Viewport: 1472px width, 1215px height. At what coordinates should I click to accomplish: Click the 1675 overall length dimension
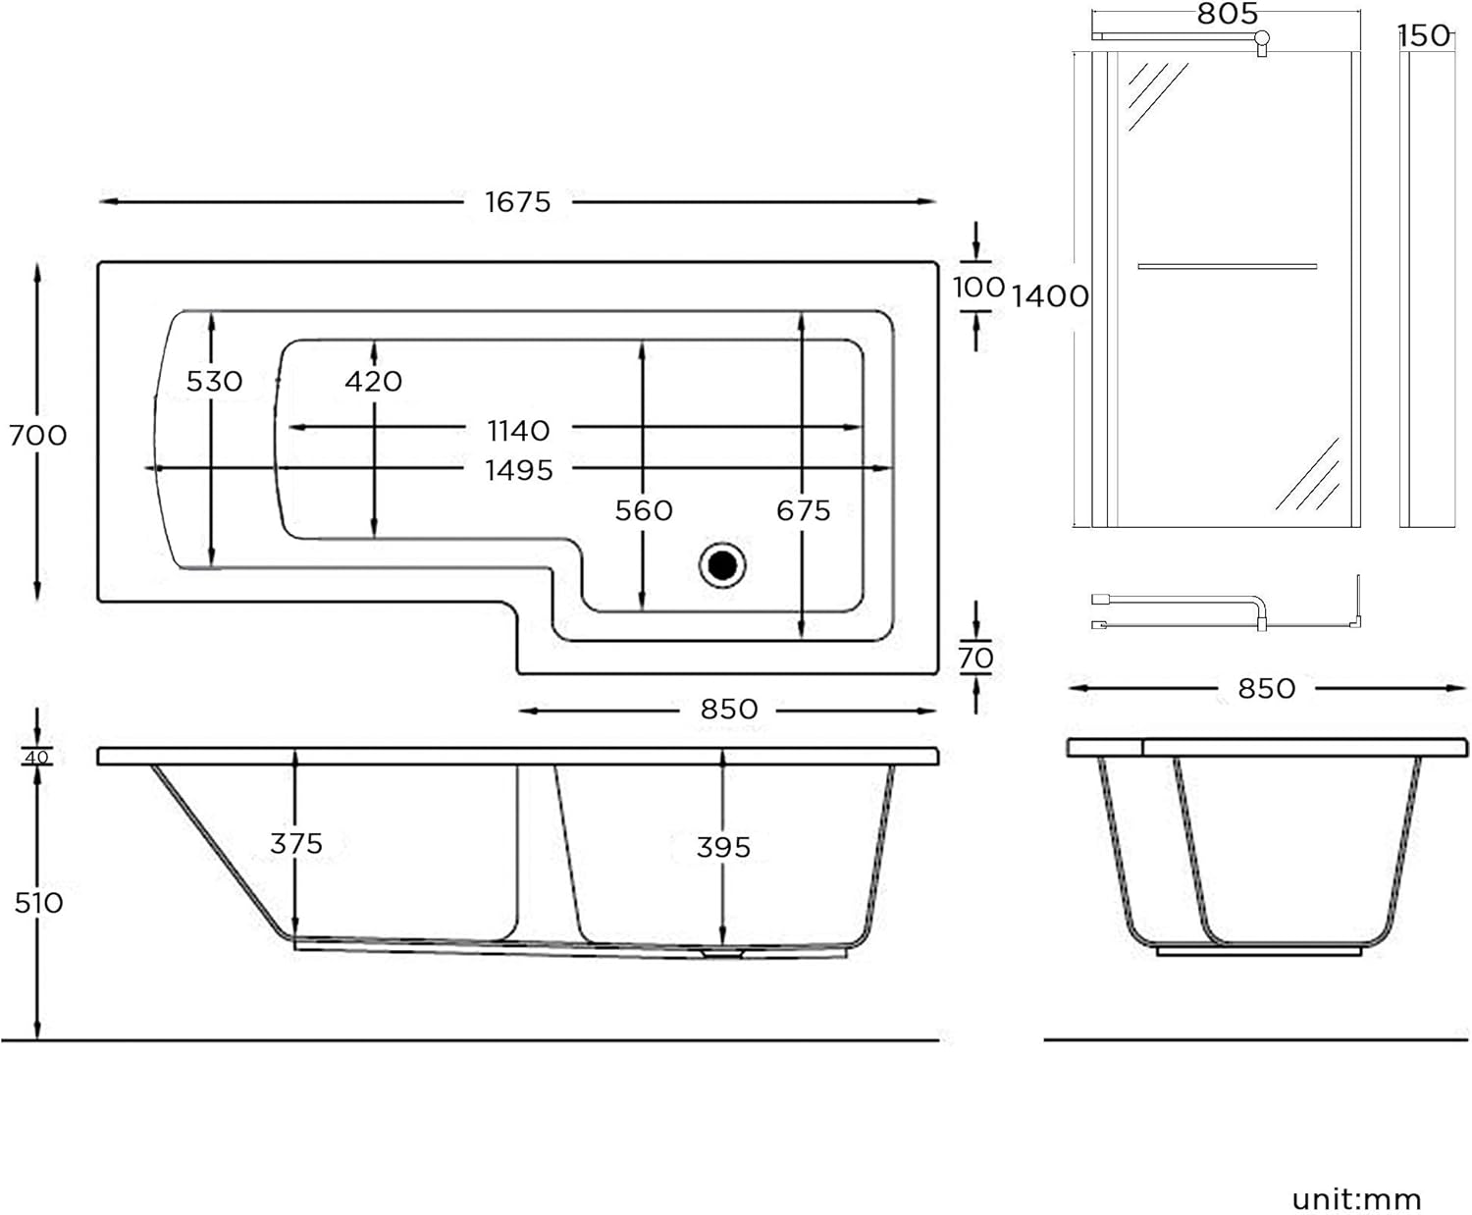click(517, 202)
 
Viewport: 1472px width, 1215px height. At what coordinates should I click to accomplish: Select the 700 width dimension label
click(38, 435)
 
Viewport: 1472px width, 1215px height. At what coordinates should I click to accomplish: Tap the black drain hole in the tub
click(722, 565)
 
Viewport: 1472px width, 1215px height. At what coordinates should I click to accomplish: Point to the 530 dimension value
click(214, 381)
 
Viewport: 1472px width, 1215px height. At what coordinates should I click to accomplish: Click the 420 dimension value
click(373, 381)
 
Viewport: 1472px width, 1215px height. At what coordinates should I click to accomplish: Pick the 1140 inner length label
click(518, 430)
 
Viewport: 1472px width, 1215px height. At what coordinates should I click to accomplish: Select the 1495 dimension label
click(518, 470)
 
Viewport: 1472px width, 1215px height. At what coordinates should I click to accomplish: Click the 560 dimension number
click(644, 510)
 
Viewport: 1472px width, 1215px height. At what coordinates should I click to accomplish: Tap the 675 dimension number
click(803, 510)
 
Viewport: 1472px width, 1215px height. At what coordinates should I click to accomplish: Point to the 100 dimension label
click(978, 288)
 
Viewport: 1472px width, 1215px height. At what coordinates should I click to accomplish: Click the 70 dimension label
click(975, 658)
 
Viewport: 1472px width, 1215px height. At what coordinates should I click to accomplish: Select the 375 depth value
click(296, 843)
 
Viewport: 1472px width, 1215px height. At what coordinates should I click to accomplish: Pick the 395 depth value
click(723, 847)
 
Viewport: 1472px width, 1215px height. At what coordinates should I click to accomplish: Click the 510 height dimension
click(38, 903)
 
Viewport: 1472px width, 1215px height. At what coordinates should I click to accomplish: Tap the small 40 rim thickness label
click(36, 758)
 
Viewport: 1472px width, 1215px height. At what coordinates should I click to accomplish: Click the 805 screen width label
click(1227, 14)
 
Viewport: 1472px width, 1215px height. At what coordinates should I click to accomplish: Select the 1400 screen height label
click(1050, 295)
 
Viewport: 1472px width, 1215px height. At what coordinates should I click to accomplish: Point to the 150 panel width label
click(1425, 36)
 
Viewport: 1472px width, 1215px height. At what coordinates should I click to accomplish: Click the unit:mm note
click(1356, 1198)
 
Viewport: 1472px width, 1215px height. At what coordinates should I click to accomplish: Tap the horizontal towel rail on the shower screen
click(1227, 266)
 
